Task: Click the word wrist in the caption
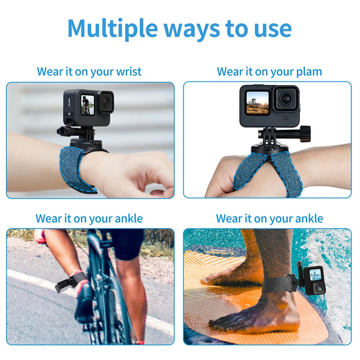[125, 71]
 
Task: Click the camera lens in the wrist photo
[106, 101]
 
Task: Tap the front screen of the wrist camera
[86, 104]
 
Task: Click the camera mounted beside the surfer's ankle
[313, 280]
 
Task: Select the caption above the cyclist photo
[89, 219]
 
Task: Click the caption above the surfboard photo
[269, 219]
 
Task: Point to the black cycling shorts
[126, 242]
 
